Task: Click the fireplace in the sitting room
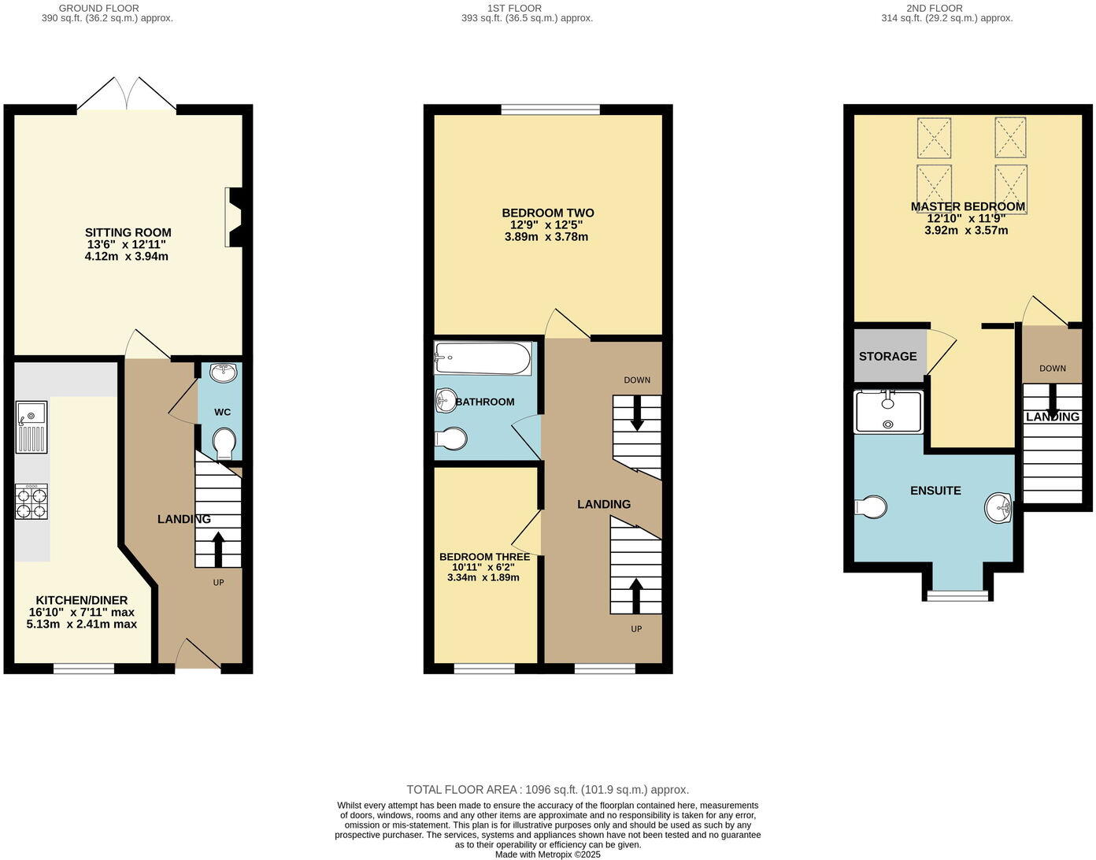(x=234, y=217)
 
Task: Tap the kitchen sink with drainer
(x=31, y=427)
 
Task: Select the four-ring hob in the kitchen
(x=31, y=502)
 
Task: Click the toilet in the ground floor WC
(x=224, y=443)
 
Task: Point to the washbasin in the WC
(x=224, y=373)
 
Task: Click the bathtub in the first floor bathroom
(x=483, y=359)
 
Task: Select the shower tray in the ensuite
(x=888, y=412)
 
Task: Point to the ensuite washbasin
(x=998, y=508)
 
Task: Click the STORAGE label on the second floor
(x=887, y=356)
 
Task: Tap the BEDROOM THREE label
(x=484, y=557)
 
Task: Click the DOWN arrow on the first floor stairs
(x=637, y=412)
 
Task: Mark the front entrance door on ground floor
(x=197, y=655)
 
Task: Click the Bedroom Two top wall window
(x=550, y=109)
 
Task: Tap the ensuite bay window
(x=957, y=595)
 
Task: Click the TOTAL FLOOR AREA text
(x=547, y=789)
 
